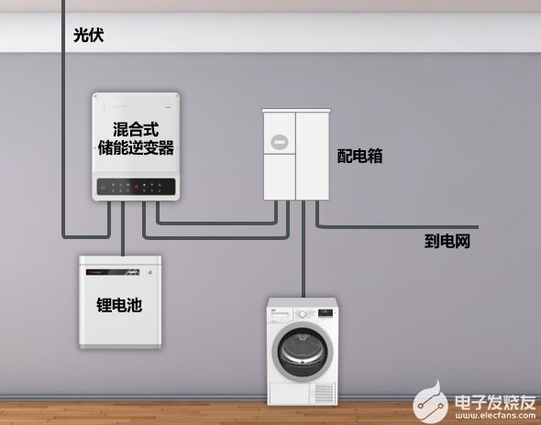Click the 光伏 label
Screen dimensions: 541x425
point(88,35)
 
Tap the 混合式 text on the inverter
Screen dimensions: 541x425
point(136,129)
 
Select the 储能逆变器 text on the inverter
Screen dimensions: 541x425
point(136,147)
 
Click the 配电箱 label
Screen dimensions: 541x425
point(359,156)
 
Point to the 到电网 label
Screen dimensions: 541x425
point(447,241)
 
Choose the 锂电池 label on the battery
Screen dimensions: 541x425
point(119,305)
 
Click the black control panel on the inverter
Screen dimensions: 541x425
point(136,187)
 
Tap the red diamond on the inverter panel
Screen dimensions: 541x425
point(137,187)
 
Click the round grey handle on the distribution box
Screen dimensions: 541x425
point(280,142)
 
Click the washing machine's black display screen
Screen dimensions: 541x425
point(326,313)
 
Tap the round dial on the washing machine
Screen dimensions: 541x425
point(303,314)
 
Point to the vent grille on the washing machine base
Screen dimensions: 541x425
point(325,394)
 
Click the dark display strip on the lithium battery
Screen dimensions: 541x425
point(113,272)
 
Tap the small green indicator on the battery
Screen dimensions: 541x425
point(150,272)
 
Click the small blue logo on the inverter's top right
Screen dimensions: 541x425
point(168,106)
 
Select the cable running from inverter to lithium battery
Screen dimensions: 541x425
point(123,228)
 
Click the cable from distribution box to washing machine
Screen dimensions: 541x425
point(304,249)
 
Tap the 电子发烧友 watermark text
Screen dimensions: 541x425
point(495,402)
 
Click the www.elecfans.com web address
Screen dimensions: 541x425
point(495,415)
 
